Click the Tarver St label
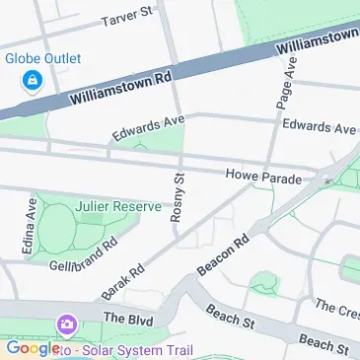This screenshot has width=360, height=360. point(128,17)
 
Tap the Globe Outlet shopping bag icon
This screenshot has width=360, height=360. point(33,78)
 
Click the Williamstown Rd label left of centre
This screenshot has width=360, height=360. point(120,87)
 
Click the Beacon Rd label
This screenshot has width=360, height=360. point(224,255)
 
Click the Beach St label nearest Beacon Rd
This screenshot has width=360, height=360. point(230,318)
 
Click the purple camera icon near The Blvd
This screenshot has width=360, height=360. point(67,324)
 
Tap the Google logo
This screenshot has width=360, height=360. point(33,347)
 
